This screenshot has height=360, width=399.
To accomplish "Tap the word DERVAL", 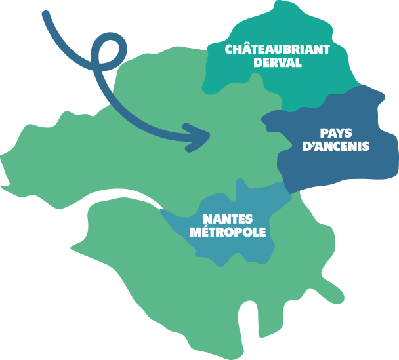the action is pyautogui.click(x=278, y=62).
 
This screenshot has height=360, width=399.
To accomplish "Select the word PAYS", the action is pyautogui.click(x=336, y=133).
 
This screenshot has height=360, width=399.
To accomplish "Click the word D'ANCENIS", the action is pyautogui.click(x=336, y=146).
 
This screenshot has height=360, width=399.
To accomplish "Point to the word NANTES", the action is pyautogui.click(x=228, y=219).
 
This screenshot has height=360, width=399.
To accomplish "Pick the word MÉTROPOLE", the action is pyautogui.click(x=228, y=232).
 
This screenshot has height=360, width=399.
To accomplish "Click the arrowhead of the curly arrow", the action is pyautogui.click(x=198, y=137).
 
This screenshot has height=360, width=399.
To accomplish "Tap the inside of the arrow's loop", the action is pyautogui.click(x=109, y=52).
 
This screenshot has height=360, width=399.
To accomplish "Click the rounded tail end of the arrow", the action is pyautogui.click(x=46, y=14).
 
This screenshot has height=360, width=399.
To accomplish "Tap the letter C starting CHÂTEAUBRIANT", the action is pyautogui.click(x=230, y=50).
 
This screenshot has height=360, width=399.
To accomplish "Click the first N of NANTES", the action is pyautogui.click(x=208, y=219).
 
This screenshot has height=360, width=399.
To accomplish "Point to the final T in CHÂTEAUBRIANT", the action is pyautogui.click(x=326, y=50).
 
